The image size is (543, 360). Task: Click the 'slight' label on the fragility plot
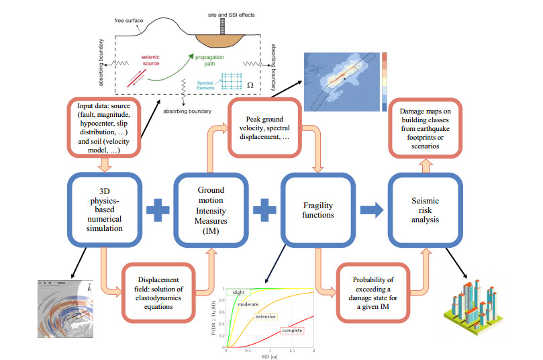(238, 293)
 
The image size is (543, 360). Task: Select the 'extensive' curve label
(268, 316)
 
